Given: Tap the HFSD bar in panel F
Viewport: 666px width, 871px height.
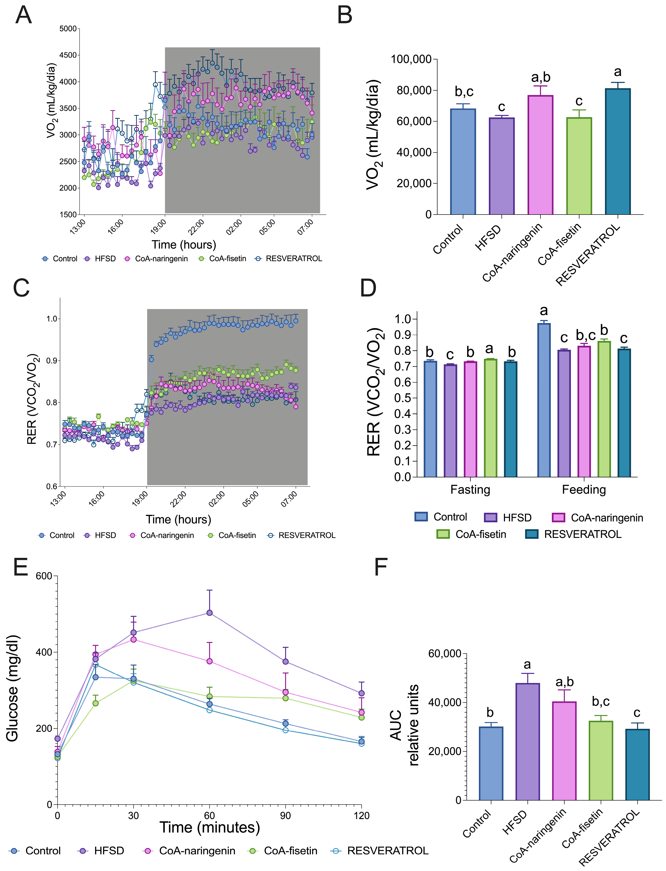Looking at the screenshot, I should [x=527, y=741].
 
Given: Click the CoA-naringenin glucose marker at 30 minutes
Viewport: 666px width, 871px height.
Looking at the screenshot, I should [x=134, y=639].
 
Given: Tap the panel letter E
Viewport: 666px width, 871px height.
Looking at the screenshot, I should [x=21, y=567].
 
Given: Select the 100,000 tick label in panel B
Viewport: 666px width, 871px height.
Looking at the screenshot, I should [x=411, y=60].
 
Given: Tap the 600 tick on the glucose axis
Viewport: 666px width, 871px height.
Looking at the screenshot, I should [x=44, y=576].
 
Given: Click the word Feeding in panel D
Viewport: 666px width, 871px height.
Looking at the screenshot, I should [x=584, y=490].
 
